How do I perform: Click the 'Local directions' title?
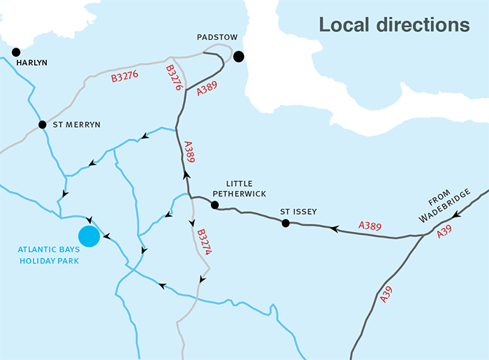[x=394, y=24]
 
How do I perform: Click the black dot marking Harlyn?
[x=16, y=52]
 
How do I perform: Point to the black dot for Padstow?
[x=239, y=57]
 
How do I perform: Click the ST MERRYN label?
[x=77, y=124]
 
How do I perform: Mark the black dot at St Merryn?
[x=42, y=124]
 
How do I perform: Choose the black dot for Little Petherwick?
[x=214, y=205]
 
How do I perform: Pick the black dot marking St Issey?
[x=285, y=223]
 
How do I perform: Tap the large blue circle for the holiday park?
[x=89, y=236]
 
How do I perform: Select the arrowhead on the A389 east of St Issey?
[x=335, y=228]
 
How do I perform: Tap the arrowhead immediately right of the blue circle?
[x=106, y=237]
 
